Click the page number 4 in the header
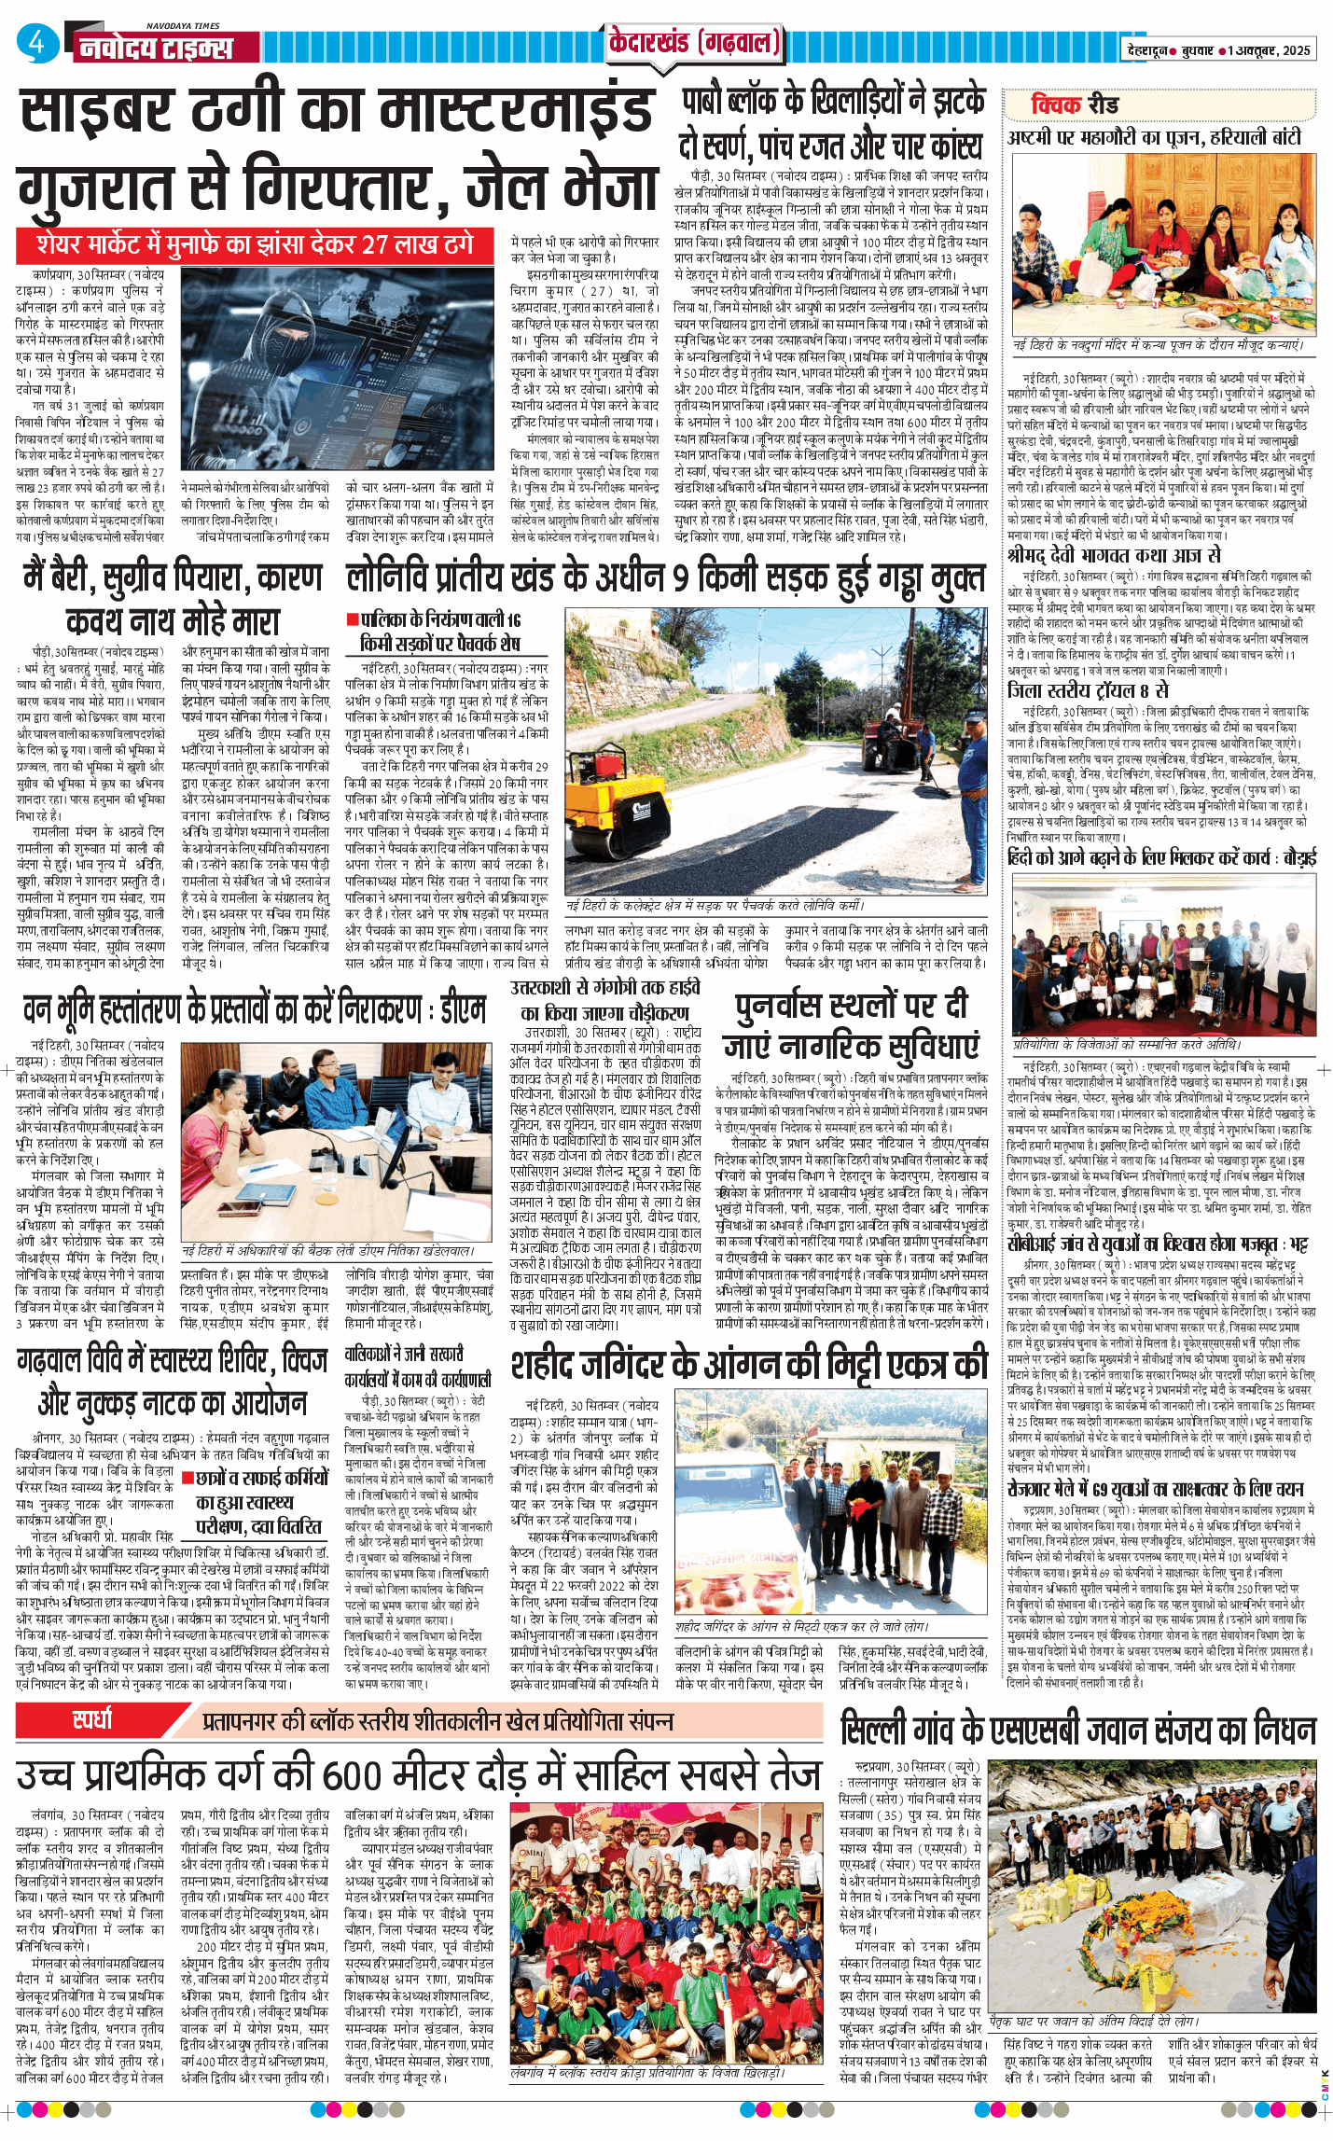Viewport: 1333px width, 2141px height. click(x=36, y=43)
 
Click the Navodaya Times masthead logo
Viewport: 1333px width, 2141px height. click(x=155, y=47)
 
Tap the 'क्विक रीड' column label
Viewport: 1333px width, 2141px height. click(x=1075, y=104)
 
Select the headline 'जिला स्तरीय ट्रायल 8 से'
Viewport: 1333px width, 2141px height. click(x=1087, y=690)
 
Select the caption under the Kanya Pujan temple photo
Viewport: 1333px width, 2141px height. click(x=1158, y=346)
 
